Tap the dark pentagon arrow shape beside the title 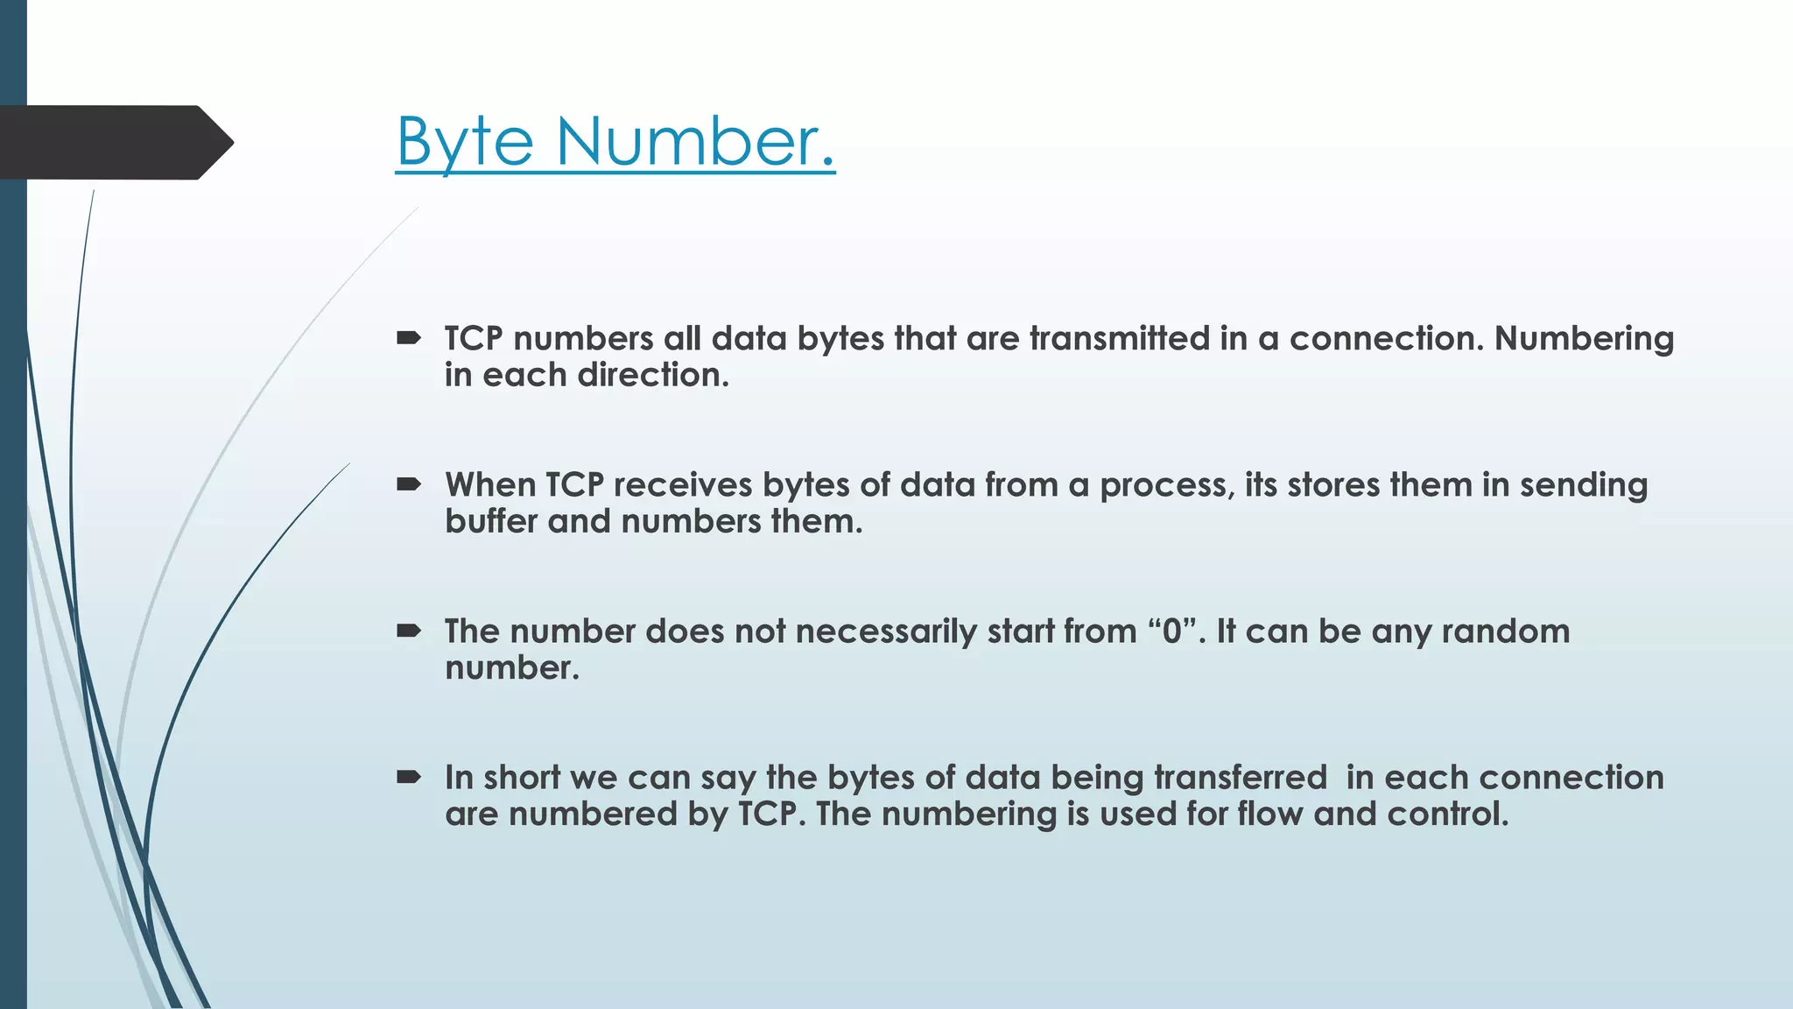114,143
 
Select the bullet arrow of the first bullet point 409,337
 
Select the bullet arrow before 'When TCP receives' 409,483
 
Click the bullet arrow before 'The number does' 409,630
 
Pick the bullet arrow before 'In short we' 409,776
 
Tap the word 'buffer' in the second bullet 490,521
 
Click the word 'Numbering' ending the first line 1584,339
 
